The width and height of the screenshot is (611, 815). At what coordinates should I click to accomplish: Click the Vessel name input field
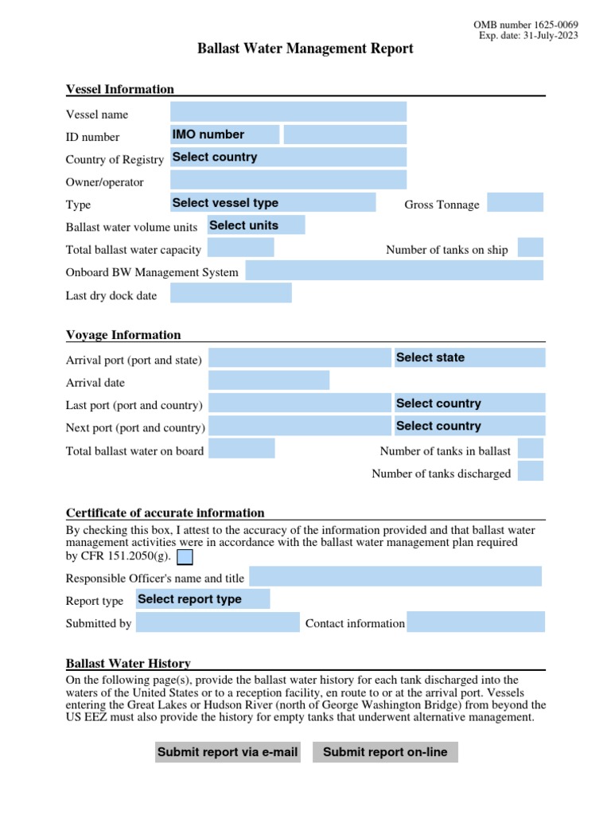click(288, 112)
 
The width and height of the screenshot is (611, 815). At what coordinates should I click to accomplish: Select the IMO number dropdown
click(225, 135)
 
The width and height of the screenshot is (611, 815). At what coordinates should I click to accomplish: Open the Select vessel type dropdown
click(273, 203)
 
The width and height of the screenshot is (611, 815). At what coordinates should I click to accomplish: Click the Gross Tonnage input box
click(515, 203)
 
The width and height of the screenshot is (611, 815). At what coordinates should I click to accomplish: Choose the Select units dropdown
click(256, 225)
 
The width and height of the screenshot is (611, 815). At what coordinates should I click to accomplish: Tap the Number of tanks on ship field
click(531, 248)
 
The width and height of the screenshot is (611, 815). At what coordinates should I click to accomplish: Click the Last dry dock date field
click(231, 294)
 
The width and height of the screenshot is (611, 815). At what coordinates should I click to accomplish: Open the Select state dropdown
click(469, 357)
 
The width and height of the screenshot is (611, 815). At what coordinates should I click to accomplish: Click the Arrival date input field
click(269, 380)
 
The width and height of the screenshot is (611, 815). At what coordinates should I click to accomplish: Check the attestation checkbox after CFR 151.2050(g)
click(185, 556)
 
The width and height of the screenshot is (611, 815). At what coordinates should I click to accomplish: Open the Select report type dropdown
click(203, 599)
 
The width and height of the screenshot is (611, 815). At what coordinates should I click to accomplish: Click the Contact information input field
click(476, 622)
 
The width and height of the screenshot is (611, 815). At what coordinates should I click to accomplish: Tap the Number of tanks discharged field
click(531, 471)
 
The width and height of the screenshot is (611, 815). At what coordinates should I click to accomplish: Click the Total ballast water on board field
click(242, 449)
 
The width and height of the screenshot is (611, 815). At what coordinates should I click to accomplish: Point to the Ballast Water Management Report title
click(305, 49)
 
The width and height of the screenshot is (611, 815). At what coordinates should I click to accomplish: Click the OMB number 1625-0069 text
click(525, 25)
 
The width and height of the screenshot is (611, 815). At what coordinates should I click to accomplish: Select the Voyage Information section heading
click(123, 335)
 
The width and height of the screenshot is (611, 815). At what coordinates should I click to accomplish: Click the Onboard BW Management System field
click(395, 271)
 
